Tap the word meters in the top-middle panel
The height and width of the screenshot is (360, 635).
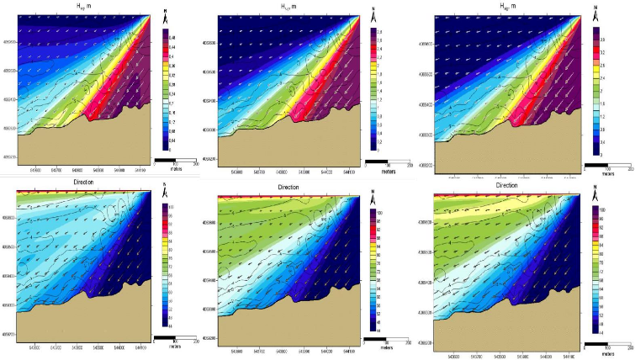tap(387, 167)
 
